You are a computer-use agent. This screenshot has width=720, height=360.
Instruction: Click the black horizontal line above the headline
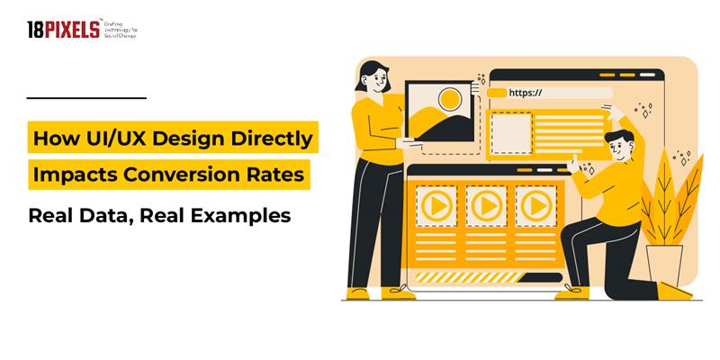click(x=86, y=96)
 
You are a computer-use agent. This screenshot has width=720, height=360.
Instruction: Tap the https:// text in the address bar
click(x=526, y=92)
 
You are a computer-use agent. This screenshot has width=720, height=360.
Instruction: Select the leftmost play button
click(x=436, y=206)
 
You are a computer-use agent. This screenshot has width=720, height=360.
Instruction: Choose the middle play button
click(x=487, y=206)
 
